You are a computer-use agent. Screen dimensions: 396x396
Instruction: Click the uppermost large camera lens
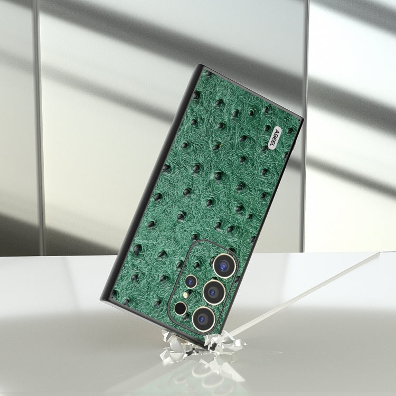(x=224, y=266)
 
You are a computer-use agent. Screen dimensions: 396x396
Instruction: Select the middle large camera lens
(x=214, y=292)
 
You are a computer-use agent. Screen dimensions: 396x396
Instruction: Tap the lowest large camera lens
(x=204, y=319)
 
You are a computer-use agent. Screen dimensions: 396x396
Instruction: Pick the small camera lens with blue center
(x=191, y=281)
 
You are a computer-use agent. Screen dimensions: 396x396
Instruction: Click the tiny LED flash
(x=186, y=295)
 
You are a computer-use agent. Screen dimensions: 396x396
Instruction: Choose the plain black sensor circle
(x=181, y=308)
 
